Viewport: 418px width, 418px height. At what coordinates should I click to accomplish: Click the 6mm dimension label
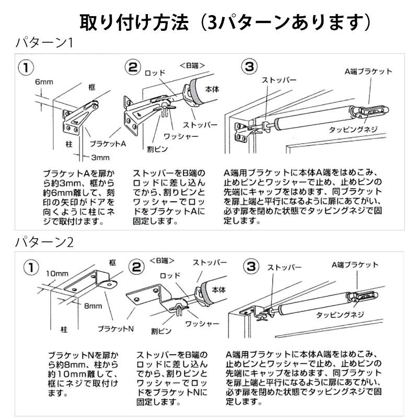coord(43,82)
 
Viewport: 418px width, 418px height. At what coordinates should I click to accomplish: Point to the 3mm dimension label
coord(99,157)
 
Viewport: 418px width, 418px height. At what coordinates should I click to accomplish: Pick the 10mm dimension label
coord(57,273)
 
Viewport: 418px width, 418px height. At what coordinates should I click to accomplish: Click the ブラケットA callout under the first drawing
coord(108,143)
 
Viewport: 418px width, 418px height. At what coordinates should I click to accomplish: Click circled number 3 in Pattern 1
coord(250,66)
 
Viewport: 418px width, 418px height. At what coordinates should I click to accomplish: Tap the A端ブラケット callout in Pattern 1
coord(368,72)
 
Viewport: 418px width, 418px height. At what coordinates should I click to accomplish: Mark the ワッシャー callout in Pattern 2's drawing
coord(202,324)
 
